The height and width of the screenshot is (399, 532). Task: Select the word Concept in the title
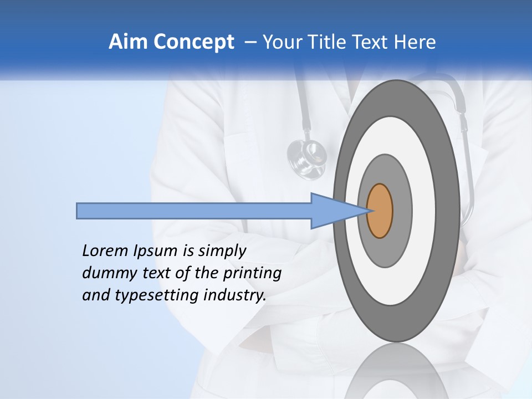coord(194,42)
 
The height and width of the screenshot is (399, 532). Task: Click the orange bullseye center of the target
coord(380,211)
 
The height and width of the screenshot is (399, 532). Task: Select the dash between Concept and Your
coord(250,42)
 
